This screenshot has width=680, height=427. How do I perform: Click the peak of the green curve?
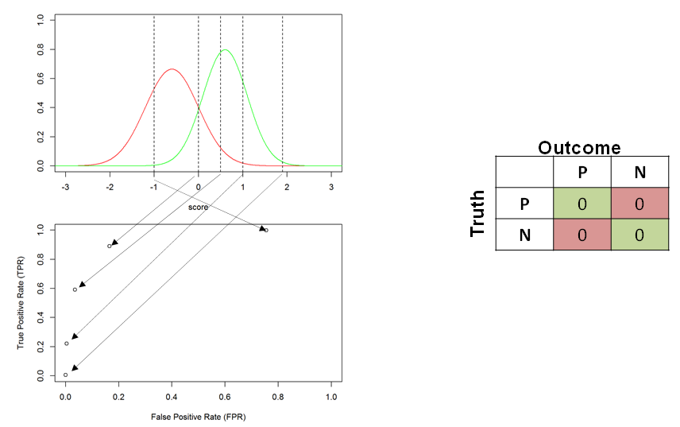coord(225,49)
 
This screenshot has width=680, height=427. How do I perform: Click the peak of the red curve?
coord(172,68)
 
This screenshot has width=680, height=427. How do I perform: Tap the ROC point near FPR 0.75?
coord(266,230)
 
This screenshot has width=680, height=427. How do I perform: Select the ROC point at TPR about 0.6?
coord(75,289)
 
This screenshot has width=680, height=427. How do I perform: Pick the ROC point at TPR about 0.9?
coord(110,246)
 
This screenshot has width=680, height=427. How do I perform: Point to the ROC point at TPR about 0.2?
coord(67,344)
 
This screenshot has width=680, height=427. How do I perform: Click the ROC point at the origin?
coord(65,375)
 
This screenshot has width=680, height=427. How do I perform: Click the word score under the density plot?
coord(198,208)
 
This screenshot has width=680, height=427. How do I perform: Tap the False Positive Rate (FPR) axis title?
coord(198,417)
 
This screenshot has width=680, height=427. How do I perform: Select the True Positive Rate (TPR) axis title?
coord(21,302)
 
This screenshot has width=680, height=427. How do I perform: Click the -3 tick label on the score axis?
coord(65,187)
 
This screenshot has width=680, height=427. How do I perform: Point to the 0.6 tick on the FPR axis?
coord(225,397)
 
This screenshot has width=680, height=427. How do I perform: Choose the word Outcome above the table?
coord(579,148)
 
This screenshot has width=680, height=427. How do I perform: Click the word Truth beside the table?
coord(477,213)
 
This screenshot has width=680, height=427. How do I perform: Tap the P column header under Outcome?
coord(582,173)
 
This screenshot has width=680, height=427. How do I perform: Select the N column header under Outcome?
coord(640,173)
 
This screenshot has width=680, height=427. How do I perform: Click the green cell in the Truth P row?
coord(582,203)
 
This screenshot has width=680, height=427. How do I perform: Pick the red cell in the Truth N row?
coord(582,235)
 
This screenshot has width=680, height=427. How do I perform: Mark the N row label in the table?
coord(525,235)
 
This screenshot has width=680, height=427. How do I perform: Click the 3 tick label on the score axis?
coord(331,187)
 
